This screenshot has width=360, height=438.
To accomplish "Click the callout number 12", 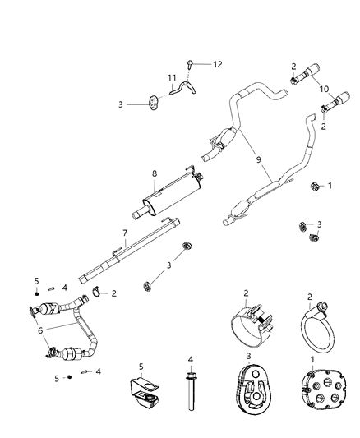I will (x=218, y=63).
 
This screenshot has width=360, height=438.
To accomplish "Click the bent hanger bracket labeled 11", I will (x=186, y=91).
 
